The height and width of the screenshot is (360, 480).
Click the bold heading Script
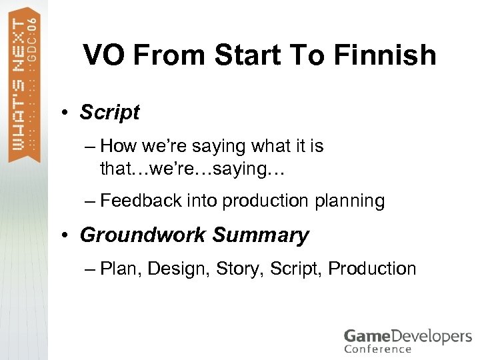(x=109, y=113)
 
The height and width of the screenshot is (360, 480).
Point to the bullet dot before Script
(x=68, y=113)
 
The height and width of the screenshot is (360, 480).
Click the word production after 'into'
(x=265, y=201)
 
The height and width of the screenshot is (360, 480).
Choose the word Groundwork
(x=143, y=235)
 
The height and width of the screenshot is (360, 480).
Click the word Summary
(x=261, y=235)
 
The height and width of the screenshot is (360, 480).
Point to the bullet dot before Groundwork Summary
(x=68, y=235)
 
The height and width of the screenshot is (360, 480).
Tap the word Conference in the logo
(x=378, y=349)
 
